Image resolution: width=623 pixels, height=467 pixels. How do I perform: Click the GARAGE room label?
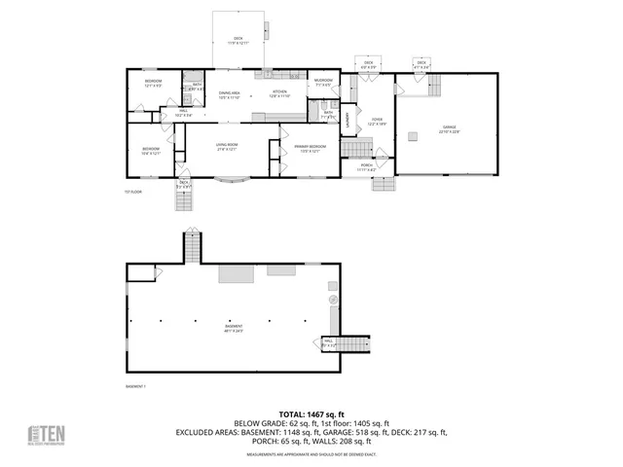[x=449, y=128]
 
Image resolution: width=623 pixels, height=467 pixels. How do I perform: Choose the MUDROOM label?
[x=324, y=82]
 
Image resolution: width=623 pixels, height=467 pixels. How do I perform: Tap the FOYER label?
[x=376, y=122]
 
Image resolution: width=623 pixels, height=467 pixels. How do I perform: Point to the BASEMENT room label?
[x=234, y=328]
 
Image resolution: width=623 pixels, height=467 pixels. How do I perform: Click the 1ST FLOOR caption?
[x=133, y=192]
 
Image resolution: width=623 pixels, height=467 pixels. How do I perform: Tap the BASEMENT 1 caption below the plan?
[x=135, y=386]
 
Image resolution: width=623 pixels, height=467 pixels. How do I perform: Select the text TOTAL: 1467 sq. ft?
[x=311, y=414]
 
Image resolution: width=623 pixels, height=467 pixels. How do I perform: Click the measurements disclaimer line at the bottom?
[x=311, y=454]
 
